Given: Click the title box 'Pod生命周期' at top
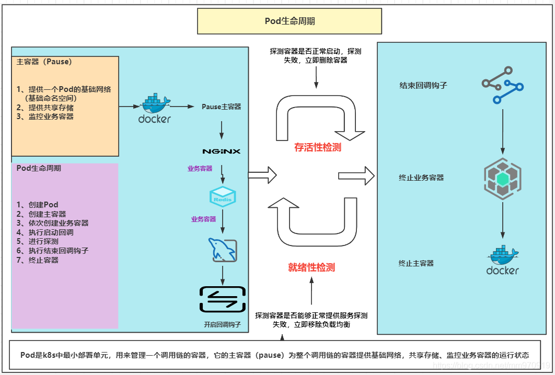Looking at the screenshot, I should pos(290,21).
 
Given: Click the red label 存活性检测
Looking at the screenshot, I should pos(317,147).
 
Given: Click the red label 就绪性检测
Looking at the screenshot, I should pos(311,267).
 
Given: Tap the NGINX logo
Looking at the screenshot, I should pos(222,151).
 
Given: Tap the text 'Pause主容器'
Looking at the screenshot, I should pos(222,107).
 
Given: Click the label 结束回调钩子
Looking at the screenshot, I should pos(423,85).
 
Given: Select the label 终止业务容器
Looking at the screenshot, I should pos(421,178).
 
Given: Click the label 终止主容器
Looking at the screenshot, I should pos(416,263).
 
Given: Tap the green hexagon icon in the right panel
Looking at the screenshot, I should pos(502,179).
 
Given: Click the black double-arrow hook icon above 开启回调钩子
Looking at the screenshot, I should pos(223,299).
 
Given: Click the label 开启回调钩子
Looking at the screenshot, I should pos(222,325).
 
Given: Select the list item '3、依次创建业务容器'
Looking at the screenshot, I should pos(52,223).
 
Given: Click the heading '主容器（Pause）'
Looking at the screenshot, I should pos(44,62).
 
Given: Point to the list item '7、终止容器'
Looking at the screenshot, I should pos(37,260).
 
